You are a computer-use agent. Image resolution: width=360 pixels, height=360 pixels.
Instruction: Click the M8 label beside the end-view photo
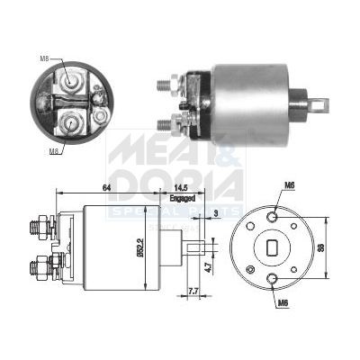coord(44,59)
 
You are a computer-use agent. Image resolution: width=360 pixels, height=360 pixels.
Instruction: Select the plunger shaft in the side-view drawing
coord(199,244)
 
